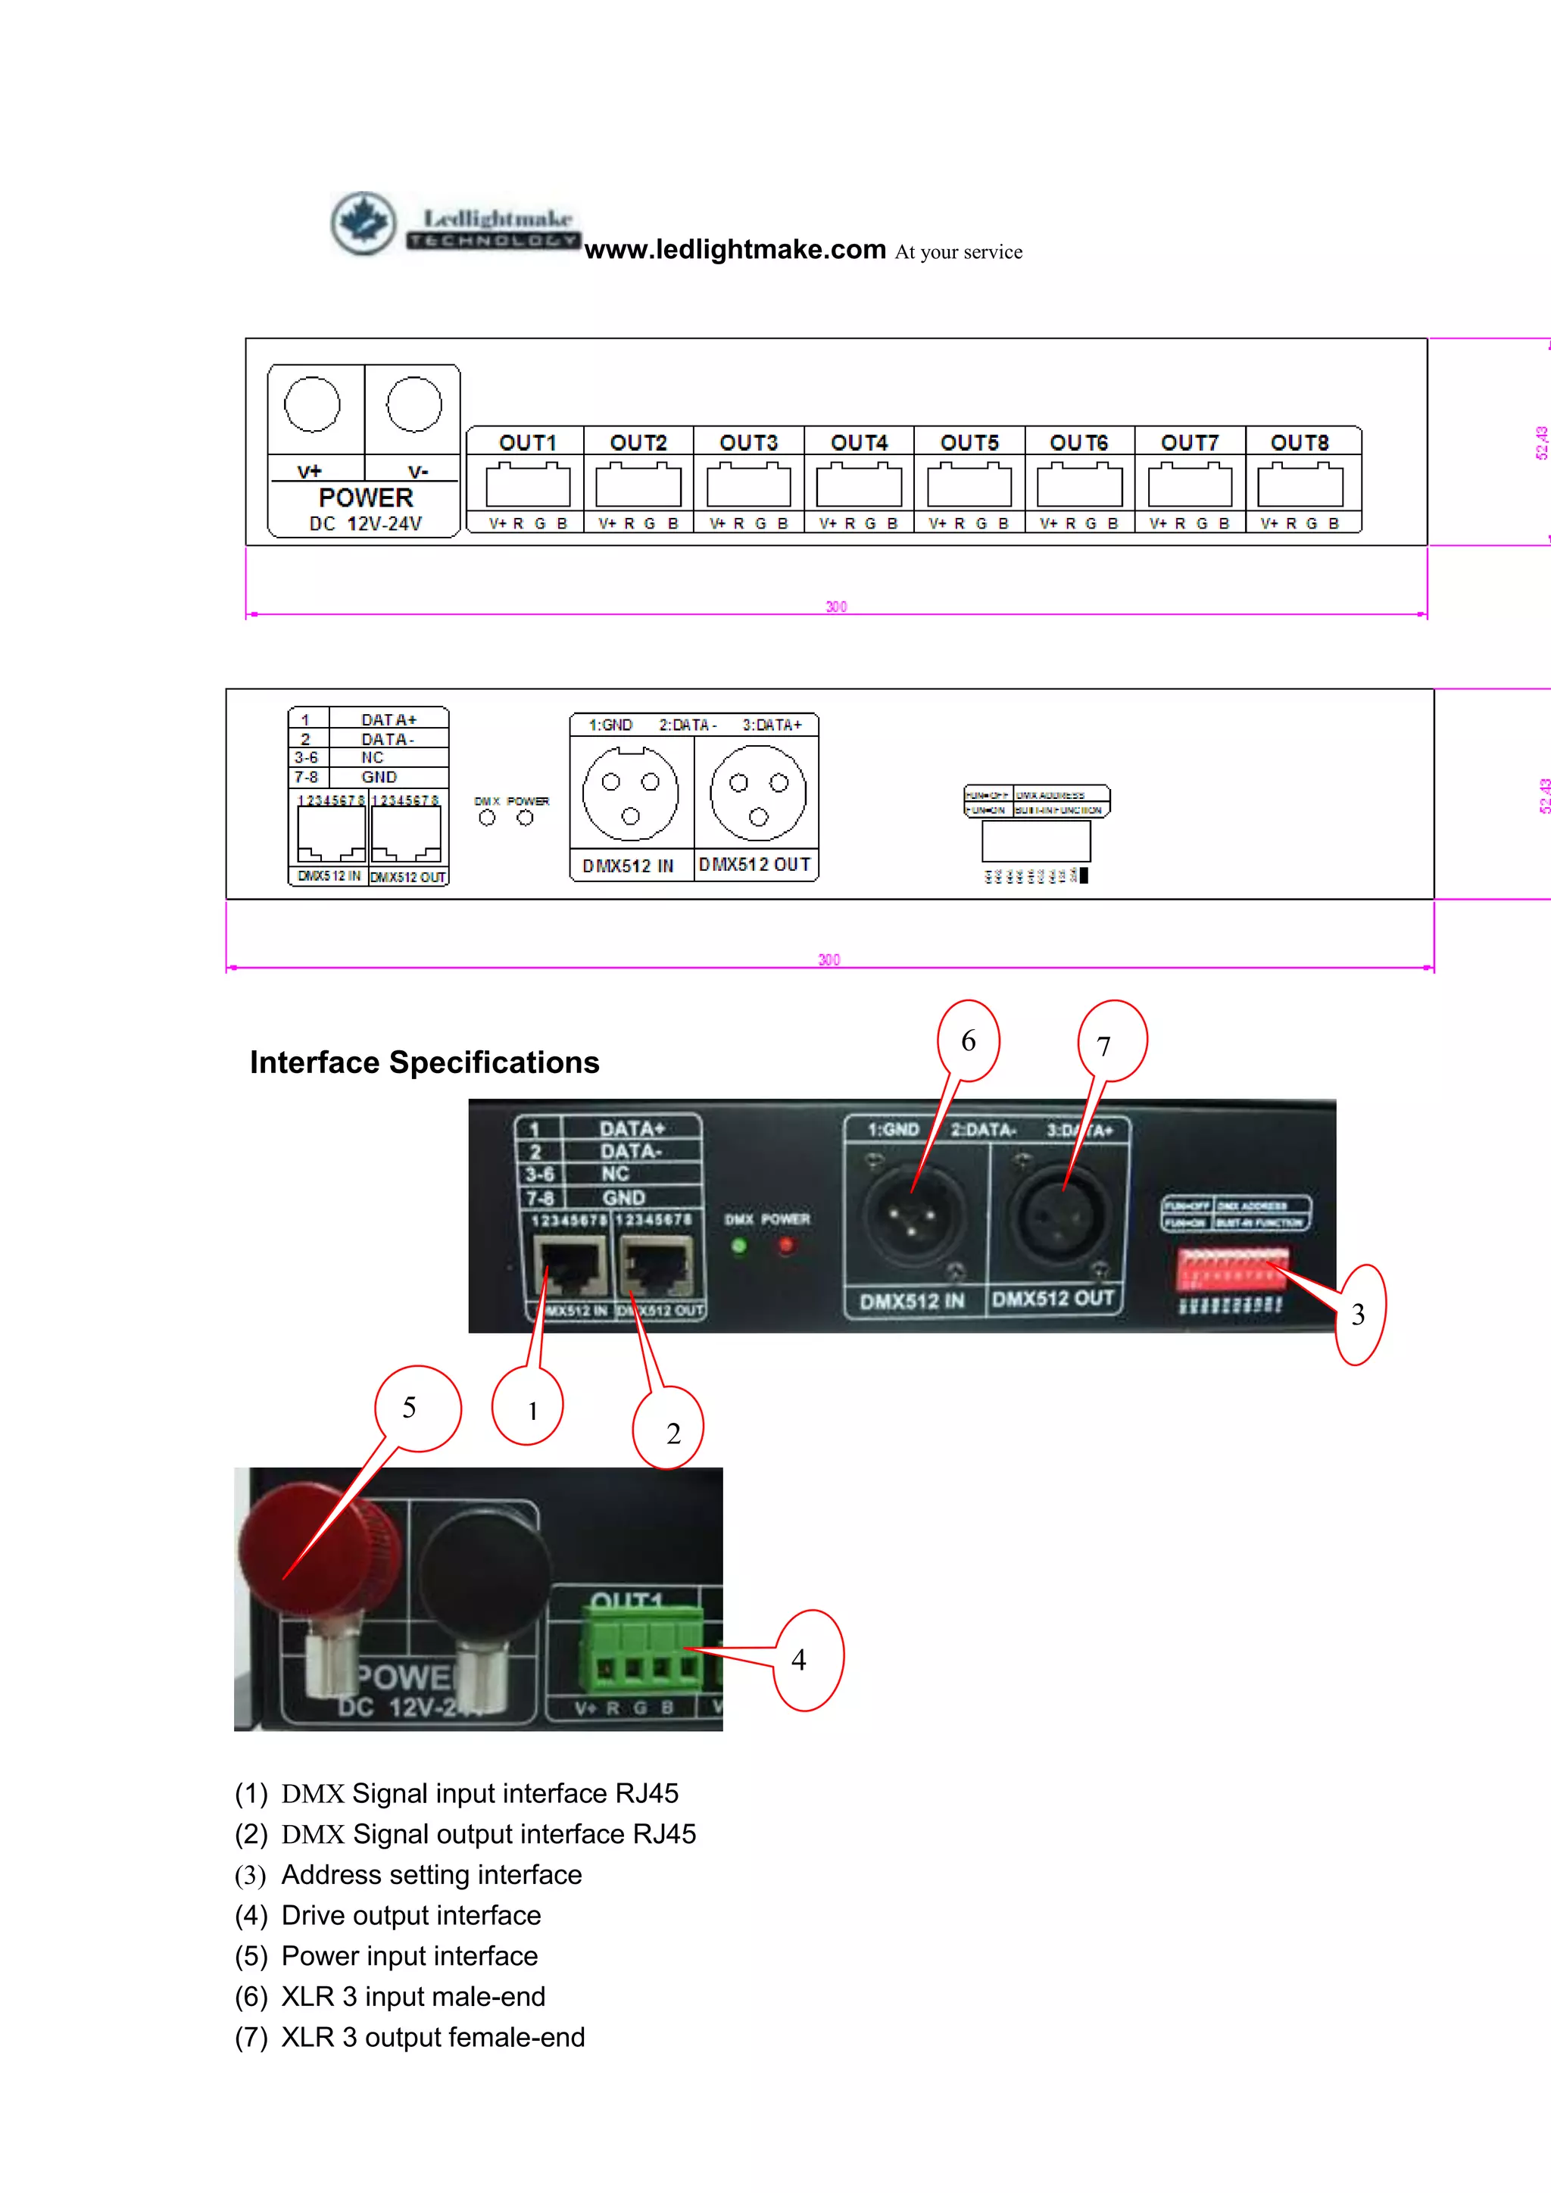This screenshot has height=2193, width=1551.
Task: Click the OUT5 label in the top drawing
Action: [x=969, y=442]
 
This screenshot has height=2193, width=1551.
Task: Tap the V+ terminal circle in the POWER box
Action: [x=312, y=404]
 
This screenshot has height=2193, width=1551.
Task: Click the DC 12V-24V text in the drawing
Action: [x=365, y=523]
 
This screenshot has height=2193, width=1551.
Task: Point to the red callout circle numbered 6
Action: [x=969, y=1040]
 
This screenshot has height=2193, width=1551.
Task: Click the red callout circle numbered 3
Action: [x=1358, y=1315]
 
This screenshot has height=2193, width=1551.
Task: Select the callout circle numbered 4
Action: [x=807, y=1660]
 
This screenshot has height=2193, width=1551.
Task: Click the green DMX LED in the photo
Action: [x=738, y=1246]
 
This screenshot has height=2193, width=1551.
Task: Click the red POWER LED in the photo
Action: [x=786, y=1246]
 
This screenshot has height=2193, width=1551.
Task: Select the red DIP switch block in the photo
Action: [x=1232, y=1268]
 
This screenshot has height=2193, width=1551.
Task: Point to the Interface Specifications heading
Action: [x=424, y=1062]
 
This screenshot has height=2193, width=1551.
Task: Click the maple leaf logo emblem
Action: [x=363, y=223]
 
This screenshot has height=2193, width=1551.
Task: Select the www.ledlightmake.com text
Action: [x=735, y=249]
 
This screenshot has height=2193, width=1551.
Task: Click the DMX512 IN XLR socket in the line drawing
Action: [x=630, y=794]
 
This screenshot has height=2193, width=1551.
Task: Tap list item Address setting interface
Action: [x=431, y=1875]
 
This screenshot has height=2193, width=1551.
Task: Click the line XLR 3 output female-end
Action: [x=432, y=2037]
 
